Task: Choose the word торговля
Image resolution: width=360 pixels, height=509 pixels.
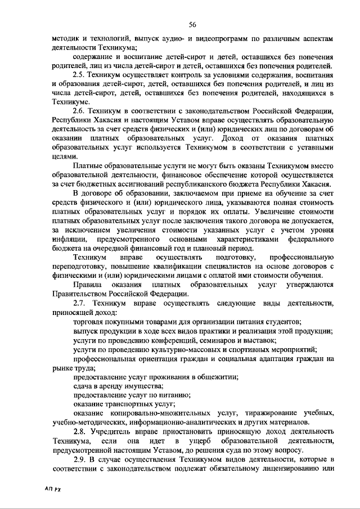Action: pyautogui.click(x=89, y=322)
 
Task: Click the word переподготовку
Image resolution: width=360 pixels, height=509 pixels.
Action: pyautogui.click(x=81, y=267)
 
